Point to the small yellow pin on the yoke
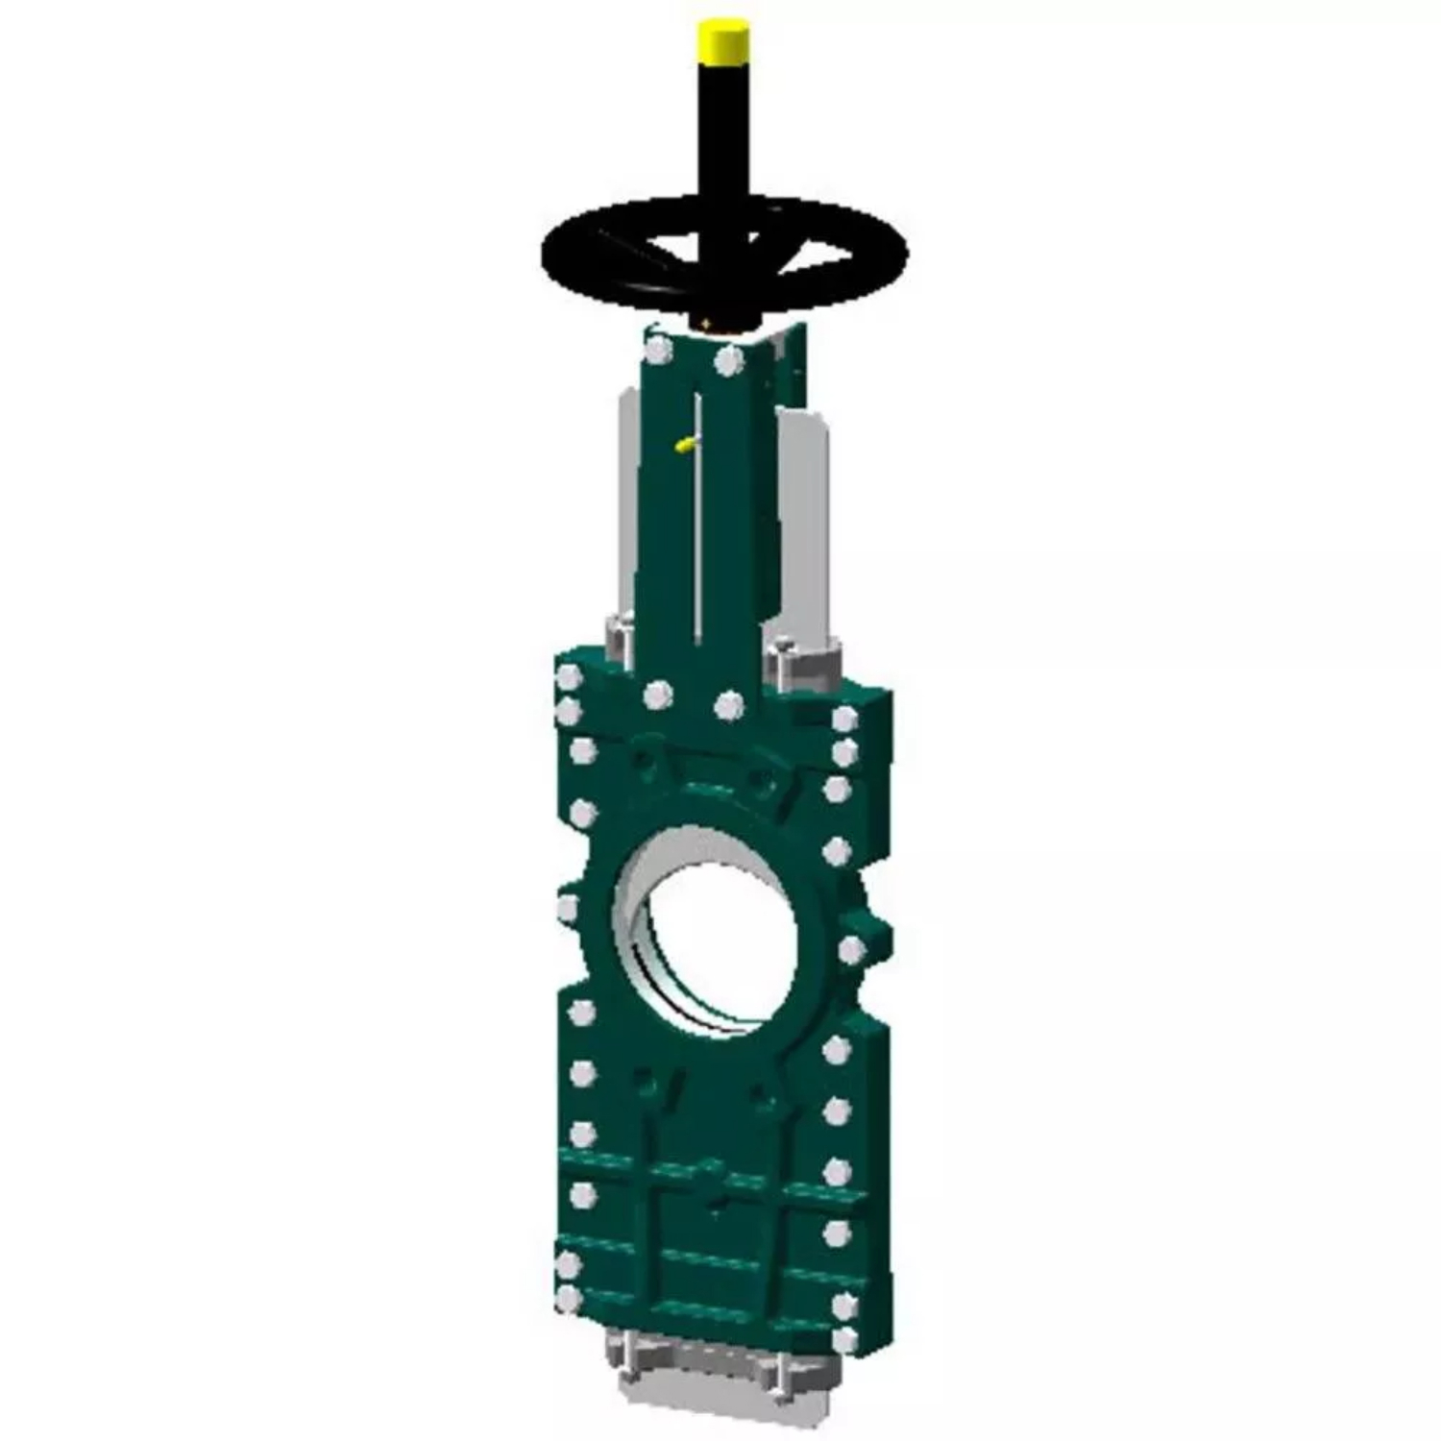click(685, 444)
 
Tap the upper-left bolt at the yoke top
click(658, 349)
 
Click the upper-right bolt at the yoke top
click(729, 361)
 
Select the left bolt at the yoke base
click(658, 695)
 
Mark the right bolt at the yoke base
click(729, 708)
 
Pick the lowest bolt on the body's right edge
click(844, 1338)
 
